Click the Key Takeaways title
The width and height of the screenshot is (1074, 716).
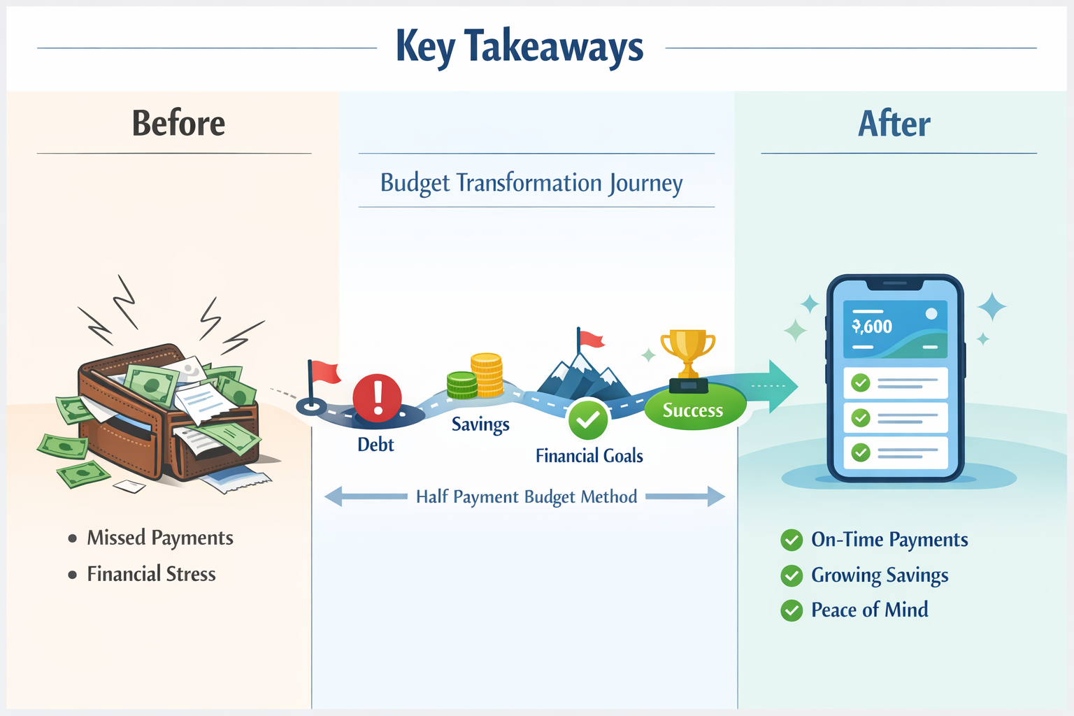point(520,48)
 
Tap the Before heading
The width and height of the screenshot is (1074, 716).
point(178,123)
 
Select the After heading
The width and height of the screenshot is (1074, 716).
point(894,123)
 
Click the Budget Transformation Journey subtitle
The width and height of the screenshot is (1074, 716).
point(531,183)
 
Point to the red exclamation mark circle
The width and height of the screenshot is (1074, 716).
point(378,398)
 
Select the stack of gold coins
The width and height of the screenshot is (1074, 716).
point(487,375)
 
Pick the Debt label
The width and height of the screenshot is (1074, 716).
point(375,445)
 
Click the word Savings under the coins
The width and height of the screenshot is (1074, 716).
point(480,424)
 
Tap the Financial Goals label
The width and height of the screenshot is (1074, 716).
point(589,456)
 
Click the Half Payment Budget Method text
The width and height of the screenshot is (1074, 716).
point(527,497)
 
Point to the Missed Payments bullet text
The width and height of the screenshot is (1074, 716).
point(160,538)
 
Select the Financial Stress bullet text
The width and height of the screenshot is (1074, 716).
point(152,574)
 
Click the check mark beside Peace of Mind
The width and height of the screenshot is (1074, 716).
point(792,610)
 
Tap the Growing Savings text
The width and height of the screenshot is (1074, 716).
point(880,575)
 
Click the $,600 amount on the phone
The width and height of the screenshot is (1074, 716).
point(872,327)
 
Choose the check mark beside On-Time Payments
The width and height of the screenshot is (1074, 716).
point(792,540)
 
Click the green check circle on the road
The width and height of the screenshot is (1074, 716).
point(588,420)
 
